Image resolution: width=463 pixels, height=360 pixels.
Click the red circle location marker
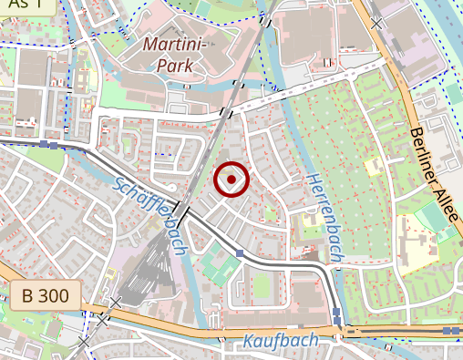(x=231, y=180)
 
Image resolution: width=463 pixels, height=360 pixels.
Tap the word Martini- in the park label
(x=179, y=43)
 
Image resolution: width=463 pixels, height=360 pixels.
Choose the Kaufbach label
(x=280, y=341)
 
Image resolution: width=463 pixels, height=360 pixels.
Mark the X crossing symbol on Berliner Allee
(x=376, y=21)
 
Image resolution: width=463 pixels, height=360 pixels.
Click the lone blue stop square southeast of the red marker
(x=240, y=253)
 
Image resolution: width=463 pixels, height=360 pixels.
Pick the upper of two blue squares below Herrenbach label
(x=336, y=313)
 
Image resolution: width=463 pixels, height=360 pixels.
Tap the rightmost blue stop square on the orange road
(x=448, y=330)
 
